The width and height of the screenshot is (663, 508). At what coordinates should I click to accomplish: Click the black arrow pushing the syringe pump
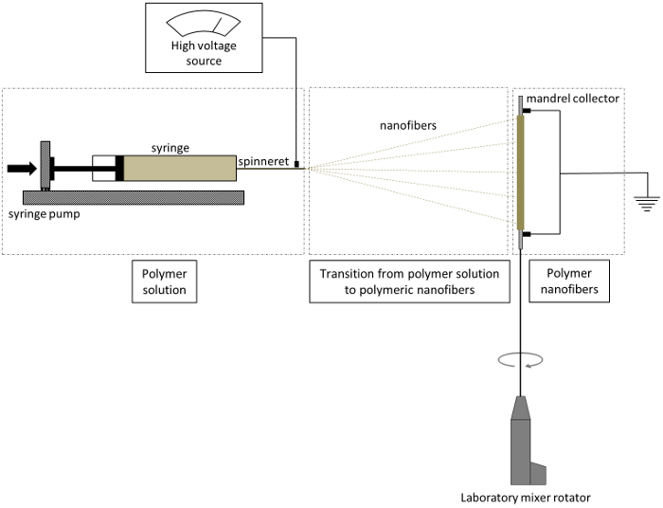click(x=20, y=169)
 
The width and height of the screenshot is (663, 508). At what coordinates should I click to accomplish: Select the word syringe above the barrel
click(x=171, y=148)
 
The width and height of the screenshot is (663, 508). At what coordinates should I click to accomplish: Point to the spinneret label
click(x=264, y=161)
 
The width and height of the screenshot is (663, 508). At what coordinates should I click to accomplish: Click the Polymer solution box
click(x=164, y=281)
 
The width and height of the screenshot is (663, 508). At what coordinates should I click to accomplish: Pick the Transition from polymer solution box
click(x=410, y=281)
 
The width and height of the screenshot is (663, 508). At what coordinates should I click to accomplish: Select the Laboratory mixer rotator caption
click(x=523, y=497)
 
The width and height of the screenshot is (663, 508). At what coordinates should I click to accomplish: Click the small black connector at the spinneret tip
click(x=296, y=165)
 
